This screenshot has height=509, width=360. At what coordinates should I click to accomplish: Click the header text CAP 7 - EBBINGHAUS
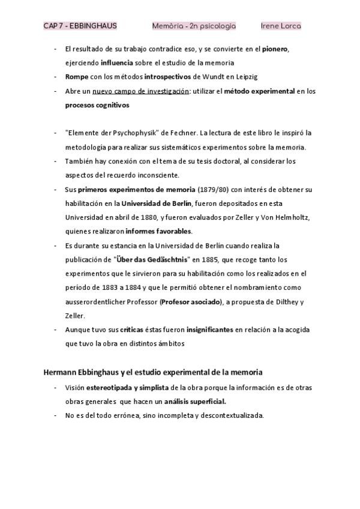pos(80,26)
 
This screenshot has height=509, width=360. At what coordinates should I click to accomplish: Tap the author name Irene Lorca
pos(281,26)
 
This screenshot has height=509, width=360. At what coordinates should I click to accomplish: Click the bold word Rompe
pos(76,77)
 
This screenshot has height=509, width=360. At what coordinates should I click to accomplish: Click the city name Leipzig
pos(234,77)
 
